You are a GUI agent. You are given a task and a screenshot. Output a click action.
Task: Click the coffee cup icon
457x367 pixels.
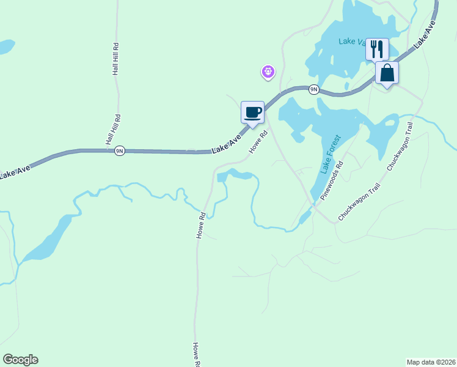click(x=253, y=113)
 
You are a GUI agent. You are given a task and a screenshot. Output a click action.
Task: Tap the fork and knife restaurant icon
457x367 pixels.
click(x=377, y=48)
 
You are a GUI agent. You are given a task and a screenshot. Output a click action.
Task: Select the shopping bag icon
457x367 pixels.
click(x=387, y=73)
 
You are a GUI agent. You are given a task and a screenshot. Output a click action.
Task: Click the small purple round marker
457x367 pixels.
click(x=268, y=72)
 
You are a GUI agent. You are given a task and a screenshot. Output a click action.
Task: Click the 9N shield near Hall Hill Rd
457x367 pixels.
click(x=120, y=150)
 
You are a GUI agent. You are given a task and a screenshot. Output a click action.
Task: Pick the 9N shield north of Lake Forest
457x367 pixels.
click(x=313, y=89)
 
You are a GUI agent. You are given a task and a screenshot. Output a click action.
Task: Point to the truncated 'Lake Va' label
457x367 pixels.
click(x=352, y=42)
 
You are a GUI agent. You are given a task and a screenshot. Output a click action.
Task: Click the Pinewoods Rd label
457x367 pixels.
click(x=332, y=181)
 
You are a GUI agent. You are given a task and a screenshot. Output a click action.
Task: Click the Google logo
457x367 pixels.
click(x=20, y=360)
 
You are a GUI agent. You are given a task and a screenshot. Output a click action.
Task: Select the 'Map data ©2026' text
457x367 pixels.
click(x=431, y=361)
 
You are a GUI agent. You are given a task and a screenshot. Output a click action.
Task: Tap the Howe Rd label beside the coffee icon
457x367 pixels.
click(x=258, y=142)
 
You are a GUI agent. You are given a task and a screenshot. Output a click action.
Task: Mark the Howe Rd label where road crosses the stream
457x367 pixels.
click(x=201, y=224)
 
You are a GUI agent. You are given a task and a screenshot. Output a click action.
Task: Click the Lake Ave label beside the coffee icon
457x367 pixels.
click(x=227, y=145)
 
